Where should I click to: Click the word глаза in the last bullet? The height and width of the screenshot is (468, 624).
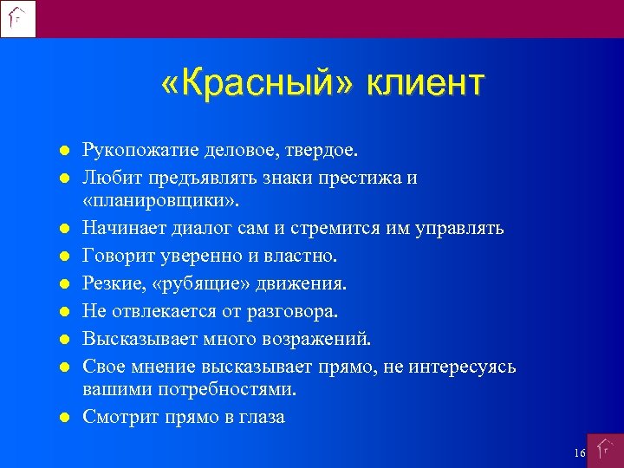262,417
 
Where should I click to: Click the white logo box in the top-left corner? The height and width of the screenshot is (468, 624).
18,18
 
